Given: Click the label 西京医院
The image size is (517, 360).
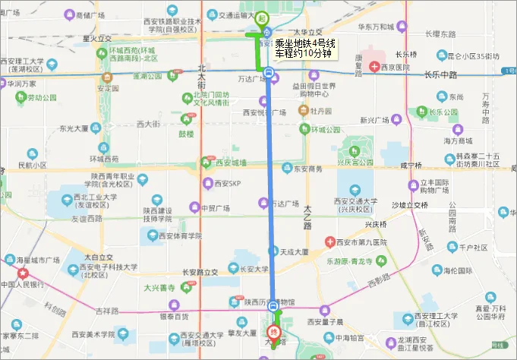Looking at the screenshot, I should (x=394, y=67).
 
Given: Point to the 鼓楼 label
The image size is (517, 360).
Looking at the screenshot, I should (x=186, y=134).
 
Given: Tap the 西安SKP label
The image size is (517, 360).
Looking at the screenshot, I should (x=226, y=184).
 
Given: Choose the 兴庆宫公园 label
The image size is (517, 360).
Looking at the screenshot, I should (x=356, y=162).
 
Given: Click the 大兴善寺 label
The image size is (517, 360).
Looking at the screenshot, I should (x=159, y=288).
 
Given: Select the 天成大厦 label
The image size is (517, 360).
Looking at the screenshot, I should (x=292, y=251).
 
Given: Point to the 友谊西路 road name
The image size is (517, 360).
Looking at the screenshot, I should (x=86, y=218).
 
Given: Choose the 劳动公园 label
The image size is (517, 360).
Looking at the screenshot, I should (x=42, y=98).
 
